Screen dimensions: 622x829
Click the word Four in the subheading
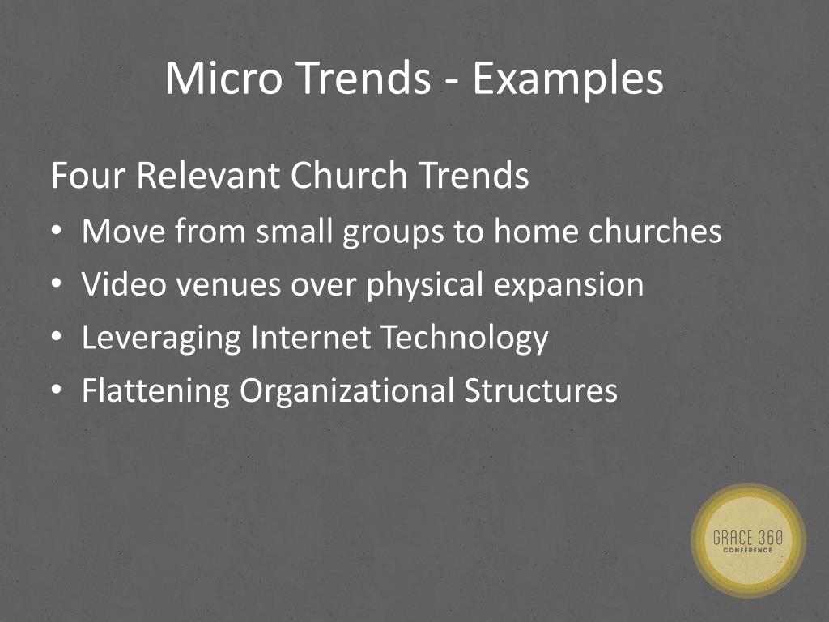[x=87, y=176]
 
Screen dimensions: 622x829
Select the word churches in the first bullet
[x=655, y=232]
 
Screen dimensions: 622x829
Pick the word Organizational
[x=346, y=392]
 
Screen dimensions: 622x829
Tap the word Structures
[x=541, y=390]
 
